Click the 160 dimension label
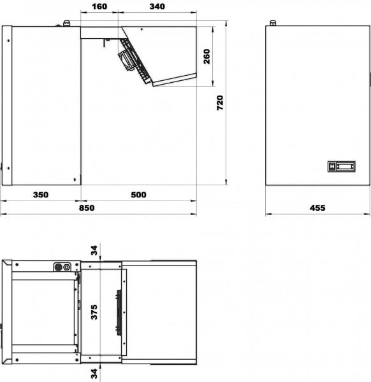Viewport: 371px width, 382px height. tap(99, 6)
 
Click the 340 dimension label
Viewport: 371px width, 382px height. tap(157, 6)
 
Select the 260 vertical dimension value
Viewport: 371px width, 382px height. tap(207, 57)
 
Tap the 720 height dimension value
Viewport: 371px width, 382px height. tap(220, 103)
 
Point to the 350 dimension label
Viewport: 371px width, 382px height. tap(41, 195)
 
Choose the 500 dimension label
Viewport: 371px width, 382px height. tap(138, 195)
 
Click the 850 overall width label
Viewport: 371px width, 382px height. tap(87, 208)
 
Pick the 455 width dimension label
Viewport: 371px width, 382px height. tap(317, 208)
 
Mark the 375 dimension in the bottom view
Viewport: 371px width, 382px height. tap(94, 312)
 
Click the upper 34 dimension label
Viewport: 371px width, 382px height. tap(94, 250)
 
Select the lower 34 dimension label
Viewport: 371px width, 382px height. tap(94, 374)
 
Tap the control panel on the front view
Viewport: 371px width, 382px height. tap(341, 166)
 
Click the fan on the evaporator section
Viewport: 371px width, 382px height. tap(126, 60)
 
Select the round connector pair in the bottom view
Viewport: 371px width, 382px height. tap(62, 267)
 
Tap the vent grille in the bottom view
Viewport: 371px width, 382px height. tap(119, 313)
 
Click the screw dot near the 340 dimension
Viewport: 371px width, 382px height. tap(142, 29)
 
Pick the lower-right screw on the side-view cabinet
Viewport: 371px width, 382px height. tap(75, 180)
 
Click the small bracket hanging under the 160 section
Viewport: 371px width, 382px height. tap(106, 43)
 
